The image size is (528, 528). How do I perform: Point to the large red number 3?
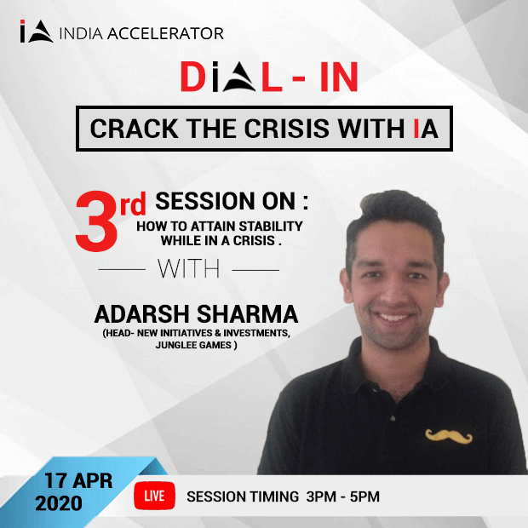coord(98,224)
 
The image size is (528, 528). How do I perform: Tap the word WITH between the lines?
coord(188,269)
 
